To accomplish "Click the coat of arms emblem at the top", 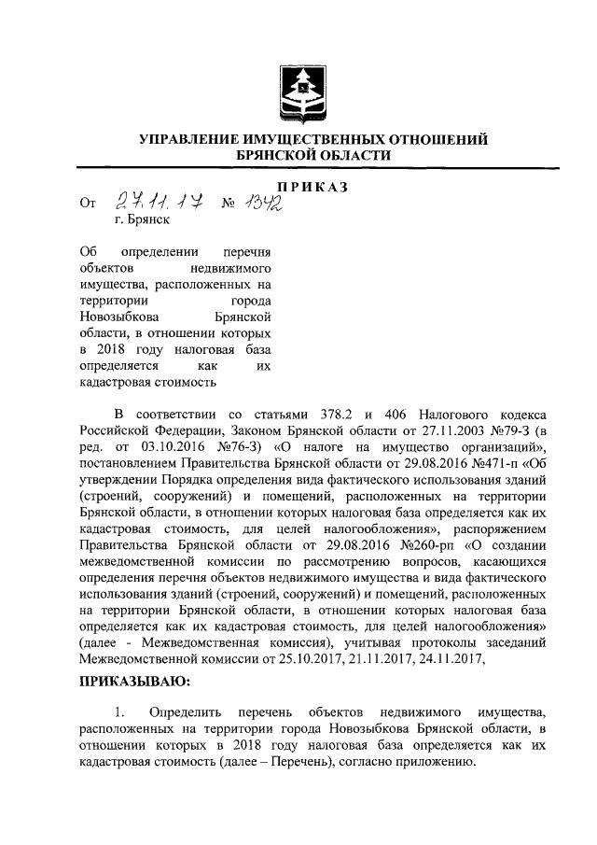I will tap(298, 92).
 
